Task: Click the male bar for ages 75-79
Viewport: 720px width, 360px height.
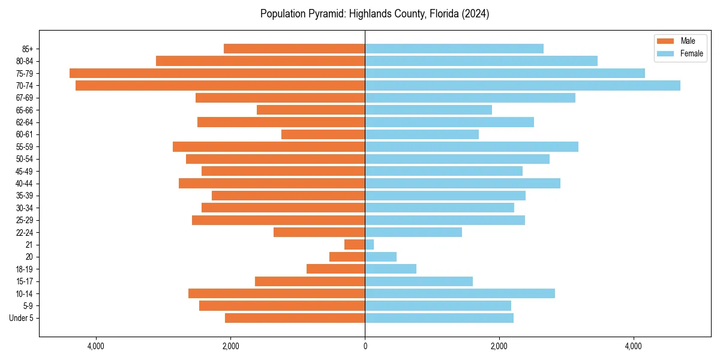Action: [217, 73]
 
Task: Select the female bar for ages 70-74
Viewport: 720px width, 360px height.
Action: [522, 85]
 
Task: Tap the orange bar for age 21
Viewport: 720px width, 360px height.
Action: [355, 245]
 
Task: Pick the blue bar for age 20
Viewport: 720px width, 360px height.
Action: [380, 257]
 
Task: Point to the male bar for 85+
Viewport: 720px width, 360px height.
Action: [294, 49]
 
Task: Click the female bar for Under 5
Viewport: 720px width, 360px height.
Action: [439, 318]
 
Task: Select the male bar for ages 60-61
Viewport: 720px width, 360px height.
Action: [323, 134]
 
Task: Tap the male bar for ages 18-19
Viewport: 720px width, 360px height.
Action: [335, 269]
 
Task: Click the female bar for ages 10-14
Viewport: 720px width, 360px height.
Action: [460, 293]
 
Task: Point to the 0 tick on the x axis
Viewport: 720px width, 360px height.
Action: [365, 346]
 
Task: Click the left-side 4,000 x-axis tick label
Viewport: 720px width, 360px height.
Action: [96, 346]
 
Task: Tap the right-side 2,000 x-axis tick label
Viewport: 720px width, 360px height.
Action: [499, 346]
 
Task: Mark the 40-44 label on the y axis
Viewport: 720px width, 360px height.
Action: [25, 184]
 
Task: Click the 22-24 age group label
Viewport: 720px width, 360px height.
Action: [25, 232]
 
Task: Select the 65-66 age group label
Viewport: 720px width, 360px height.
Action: [25, 110]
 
